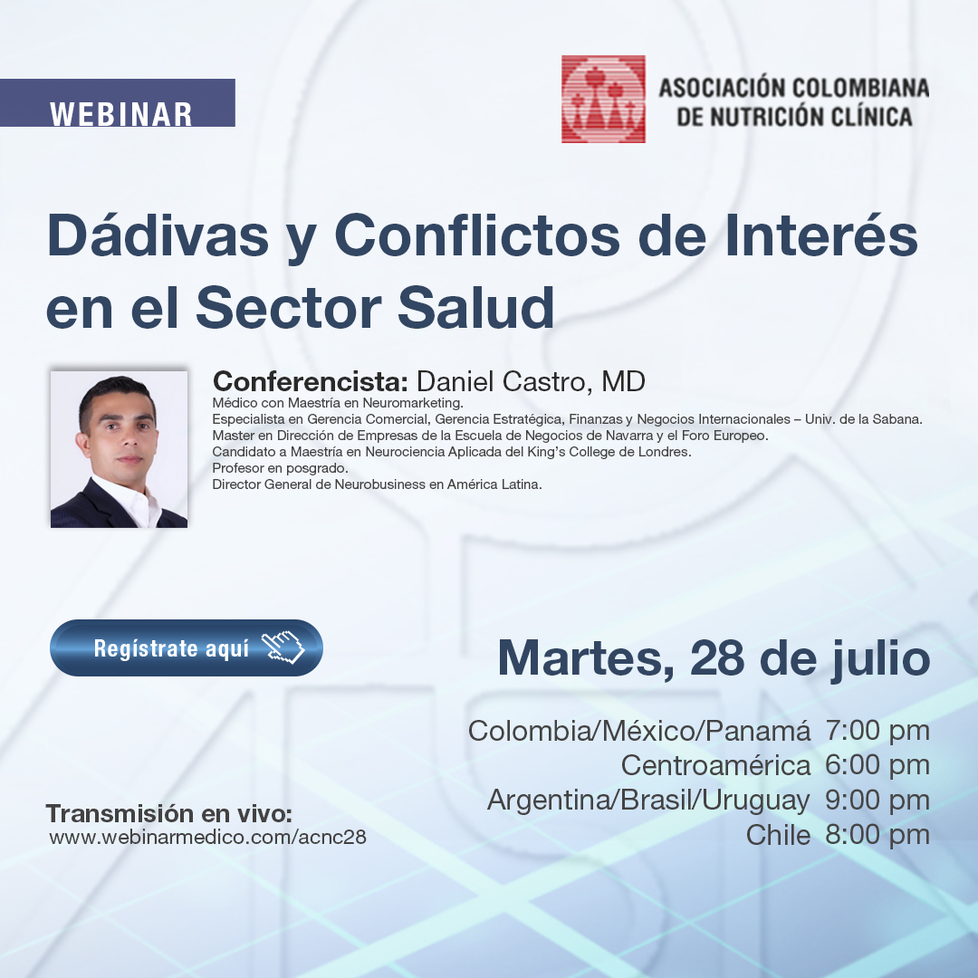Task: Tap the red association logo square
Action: click(603, 100)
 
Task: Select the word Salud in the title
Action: click(476, 307)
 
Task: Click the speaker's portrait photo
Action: click(120, 449)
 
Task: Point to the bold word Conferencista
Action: click(311, 381)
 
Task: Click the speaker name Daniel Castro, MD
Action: click(531, 381)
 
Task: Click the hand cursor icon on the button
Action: click(283, 647)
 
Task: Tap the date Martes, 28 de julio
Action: click(714, 659)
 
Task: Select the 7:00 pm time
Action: click(877, 731)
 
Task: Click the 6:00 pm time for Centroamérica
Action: click(877, 764)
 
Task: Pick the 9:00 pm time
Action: click(877, 800)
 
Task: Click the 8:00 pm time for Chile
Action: click(877, 835)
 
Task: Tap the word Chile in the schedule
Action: click(778, 835)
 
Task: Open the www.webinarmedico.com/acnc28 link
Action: click(207, 837)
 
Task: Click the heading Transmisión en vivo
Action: click(169, 813)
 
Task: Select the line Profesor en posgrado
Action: click(280, 468)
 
